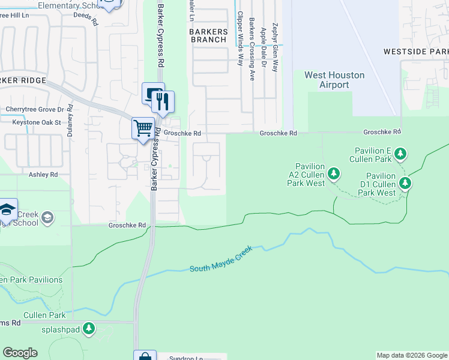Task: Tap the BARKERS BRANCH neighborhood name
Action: [x=208, y=35]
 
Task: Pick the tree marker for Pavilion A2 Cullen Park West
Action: [x=334, y=175]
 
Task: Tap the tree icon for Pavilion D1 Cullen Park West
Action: [x=406, y=182]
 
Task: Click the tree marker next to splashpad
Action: [x=89, y=328]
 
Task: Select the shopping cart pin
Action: [x=142, y=128]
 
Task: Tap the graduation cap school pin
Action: [x=7, y=209]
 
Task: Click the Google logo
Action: [x=20, y=353]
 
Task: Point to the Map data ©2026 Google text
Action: [x=411, y=355]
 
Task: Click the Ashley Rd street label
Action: [x=43, y=175]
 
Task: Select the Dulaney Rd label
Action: [x=70, y=121]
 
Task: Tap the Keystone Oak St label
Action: [x=37, y=122]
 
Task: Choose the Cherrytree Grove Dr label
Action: [x=34, y=110]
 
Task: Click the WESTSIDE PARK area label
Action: [x=416, y=52]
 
